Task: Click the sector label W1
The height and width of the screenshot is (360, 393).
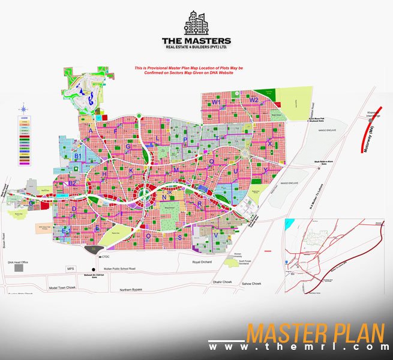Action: pyautogui.click(x=214, y=103)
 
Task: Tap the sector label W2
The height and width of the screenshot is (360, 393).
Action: pyautogui.click(x=254, y=100)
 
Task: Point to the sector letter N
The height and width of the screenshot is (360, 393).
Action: pyautogui.click(x=163, y=197)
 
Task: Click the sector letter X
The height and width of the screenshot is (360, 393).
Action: pyautogui.click(x=269, y=144)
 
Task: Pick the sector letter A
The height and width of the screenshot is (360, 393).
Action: pyautogui.click(x=91, y=130)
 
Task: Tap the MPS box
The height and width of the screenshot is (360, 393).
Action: pyautogui.click(x=70, y=268)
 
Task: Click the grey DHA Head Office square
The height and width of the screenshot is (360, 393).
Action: pyautogui.click(x=19, y=267)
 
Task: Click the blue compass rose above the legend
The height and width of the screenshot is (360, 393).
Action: pyautogui.click(x=24, y=109)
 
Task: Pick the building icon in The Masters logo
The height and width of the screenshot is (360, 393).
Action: pyautogui.click(x=196, y=24)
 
